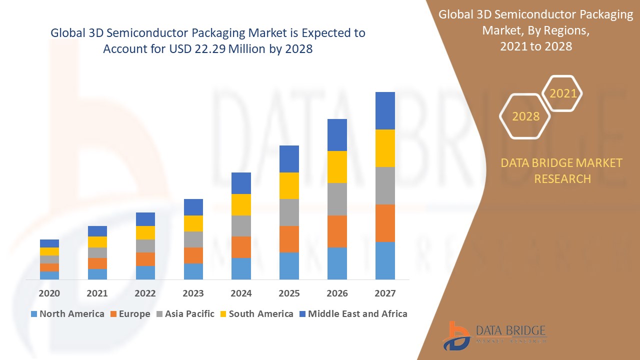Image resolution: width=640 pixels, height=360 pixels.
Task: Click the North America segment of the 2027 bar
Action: click(385, 260)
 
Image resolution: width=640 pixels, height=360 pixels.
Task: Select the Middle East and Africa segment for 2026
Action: click(337, 135)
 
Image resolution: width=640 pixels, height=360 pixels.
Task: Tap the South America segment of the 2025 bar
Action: click(289, 185)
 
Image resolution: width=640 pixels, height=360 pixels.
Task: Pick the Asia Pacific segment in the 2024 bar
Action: click(241, 226)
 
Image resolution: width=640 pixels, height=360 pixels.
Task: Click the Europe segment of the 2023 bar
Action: click(193, 255)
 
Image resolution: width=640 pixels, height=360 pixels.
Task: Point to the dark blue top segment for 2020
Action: click(49, 243)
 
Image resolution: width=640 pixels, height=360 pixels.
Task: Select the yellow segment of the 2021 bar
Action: click(97, 242)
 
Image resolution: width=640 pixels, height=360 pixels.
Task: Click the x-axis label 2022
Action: click(145, 293)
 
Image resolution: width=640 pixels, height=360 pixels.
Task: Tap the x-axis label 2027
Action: click(385, 293)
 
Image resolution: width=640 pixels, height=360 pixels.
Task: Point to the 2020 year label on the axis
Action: click(49, 293)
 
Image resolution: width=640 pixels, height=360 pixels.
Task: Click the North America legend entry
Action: click(67, 314)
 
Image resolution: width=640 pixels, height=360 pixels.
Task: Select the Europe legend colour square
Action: click(114, 314)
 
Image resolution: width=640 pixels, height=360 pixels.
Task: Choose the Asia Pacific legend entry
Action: click(185, 314)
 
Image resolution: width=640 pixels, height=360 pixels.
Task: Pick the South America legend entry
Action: click(256, 314)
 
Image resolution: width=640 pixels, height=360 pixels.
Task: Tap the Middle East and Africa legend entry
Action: click(353, 314)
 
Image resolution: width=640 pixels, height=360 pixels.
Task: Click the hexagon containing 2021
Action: click(562, 93)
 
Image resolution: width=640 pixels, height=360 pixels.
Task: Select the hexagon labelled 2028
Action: click(525, 116)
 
